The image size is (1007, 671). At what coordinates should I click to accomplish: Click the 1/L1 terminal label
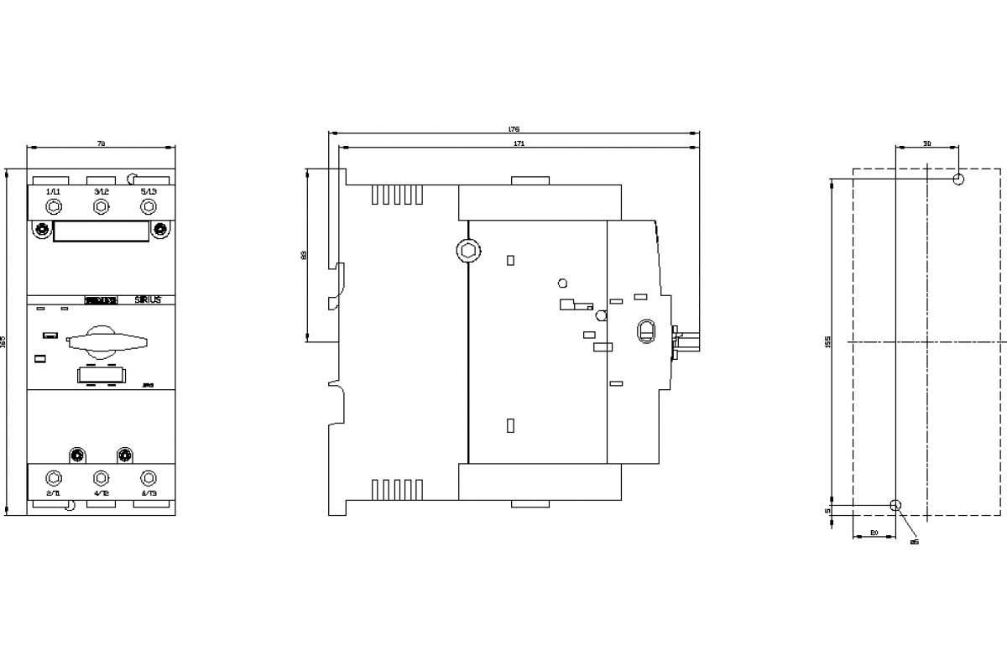[x=53, y=192]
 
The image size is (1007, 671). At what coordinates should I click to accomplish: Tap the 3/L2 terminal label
[x=101, y=192]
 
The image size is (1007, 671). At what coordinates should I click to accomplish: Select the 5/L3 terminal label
[x=149, y=192]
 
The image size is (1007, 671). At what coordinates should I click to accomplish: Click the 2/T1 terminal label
[x=53, y=493]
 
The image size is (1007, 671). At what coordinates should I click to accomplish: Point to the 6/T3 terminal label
[x=149, y=493]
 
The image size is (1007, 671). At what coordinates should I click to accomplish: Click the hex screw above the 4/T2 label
[x=101, y=478]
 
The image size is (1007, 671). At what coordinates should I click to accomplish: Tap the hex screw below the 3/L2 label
[x=101, y=206]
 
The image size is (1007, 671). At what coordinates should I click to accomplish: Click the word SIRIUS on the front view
[x=149, y=299]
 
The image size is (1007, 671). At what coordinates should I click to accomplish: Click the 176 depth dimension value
[x=514, y=129]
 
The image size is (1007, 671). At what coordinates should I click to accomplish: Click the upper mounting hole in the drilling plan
[x=958, y=179]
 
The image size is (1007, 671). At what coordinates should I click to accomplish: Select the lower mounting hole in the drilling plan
[x=895, y=505]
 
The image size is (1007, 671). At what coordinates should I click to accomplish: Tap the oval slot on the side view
[x=645, y=330]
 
